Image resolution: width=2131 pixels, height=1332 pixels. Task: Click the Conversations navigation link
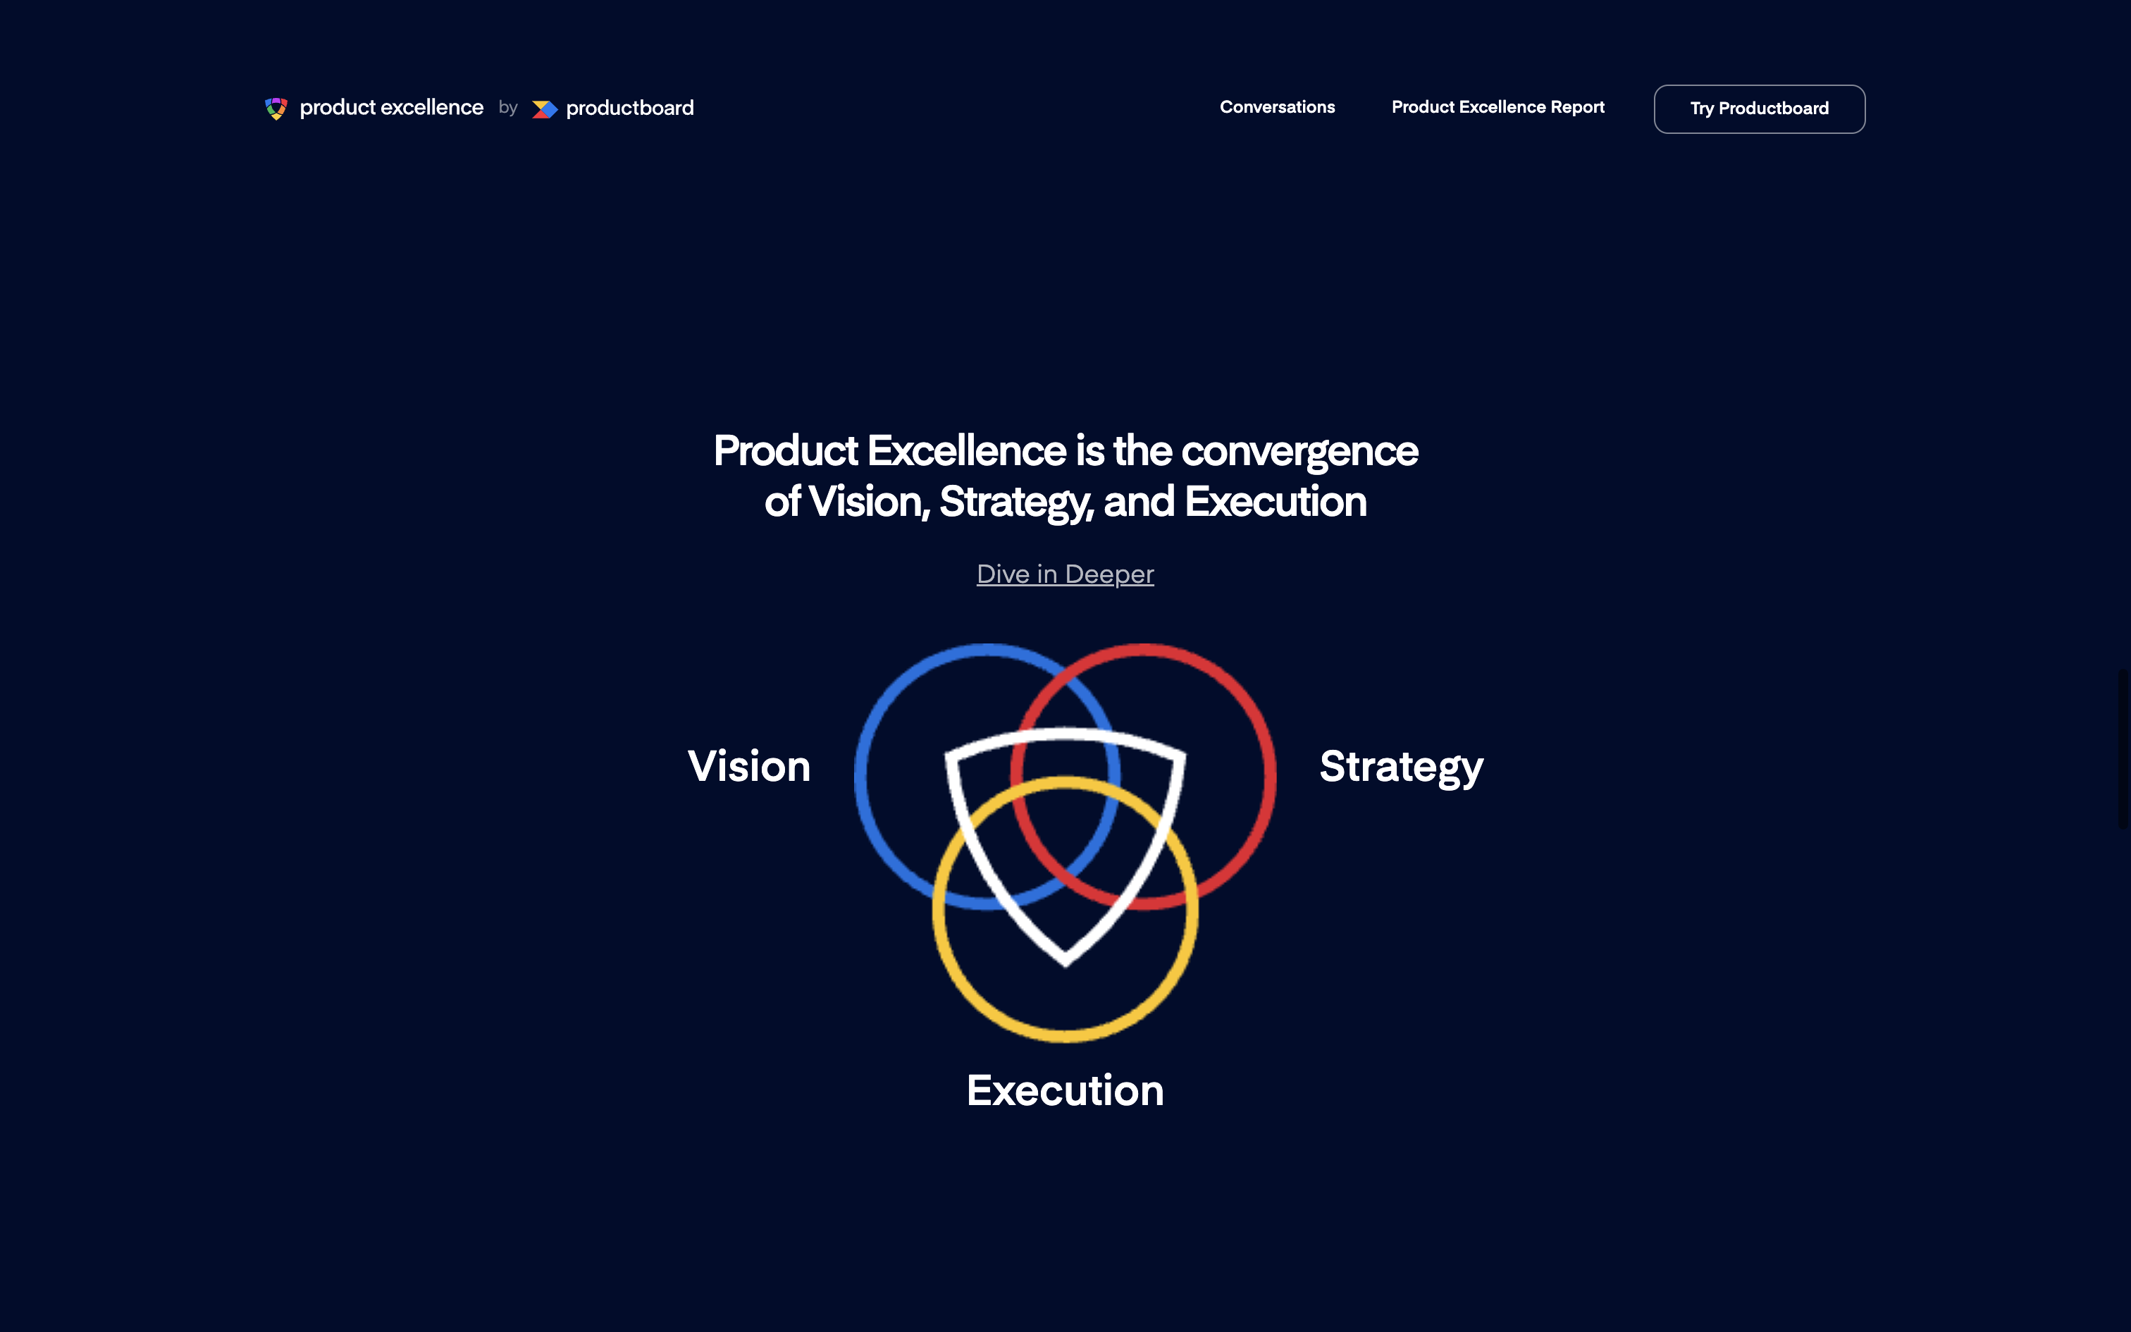tap(1277, 107)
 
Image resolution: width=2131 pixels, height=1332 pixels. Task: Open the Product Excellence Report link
tap(1498, 107)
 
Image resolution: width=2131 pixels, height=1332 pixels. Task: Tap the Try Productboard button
tap(1760, 109)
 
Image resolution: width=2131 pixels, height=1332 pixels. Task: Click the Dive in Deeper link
tap(1065, 574)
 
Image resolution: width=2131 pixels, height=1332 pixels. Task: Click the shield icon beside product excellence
tap(276, 109)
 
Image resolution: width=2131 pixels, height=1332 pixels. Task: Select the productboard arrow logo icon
tap(545, 109)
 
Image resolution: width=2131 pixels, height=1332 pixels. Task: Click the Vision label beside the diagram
tap(749, 767)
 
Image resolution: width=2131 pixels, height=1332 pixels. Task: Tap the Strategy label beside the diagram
tap(1401, 767)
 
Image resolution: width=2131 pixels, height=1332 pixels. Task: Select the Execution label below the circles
tap(1065, 1091)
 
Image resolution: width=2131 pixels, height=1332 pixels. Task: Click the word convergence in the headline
tap(1299, 452)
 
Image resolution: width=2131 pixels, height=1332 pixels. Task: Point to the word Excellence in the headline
tap(967, 451)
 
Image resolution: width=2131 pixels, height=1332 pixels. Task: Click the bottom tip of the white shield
tap(1065, 966)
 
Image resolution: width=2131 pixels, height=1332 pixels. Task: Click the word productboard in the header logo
tap(629, 109)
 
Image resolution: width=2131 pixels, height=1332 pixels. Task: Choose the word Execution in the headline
tap(1275, 502)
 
